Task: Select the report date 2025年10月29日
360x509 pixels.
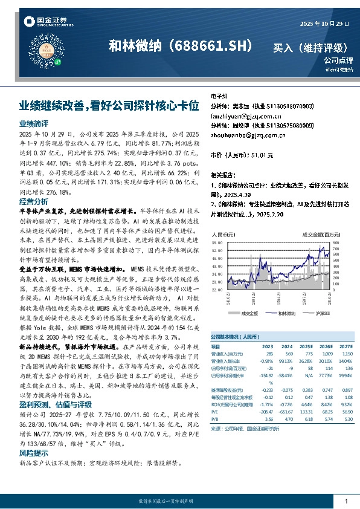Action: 324,23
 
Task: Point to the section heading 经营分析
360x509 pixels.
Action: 34,201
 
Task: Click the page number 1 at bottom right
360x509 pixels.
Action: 346,502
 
